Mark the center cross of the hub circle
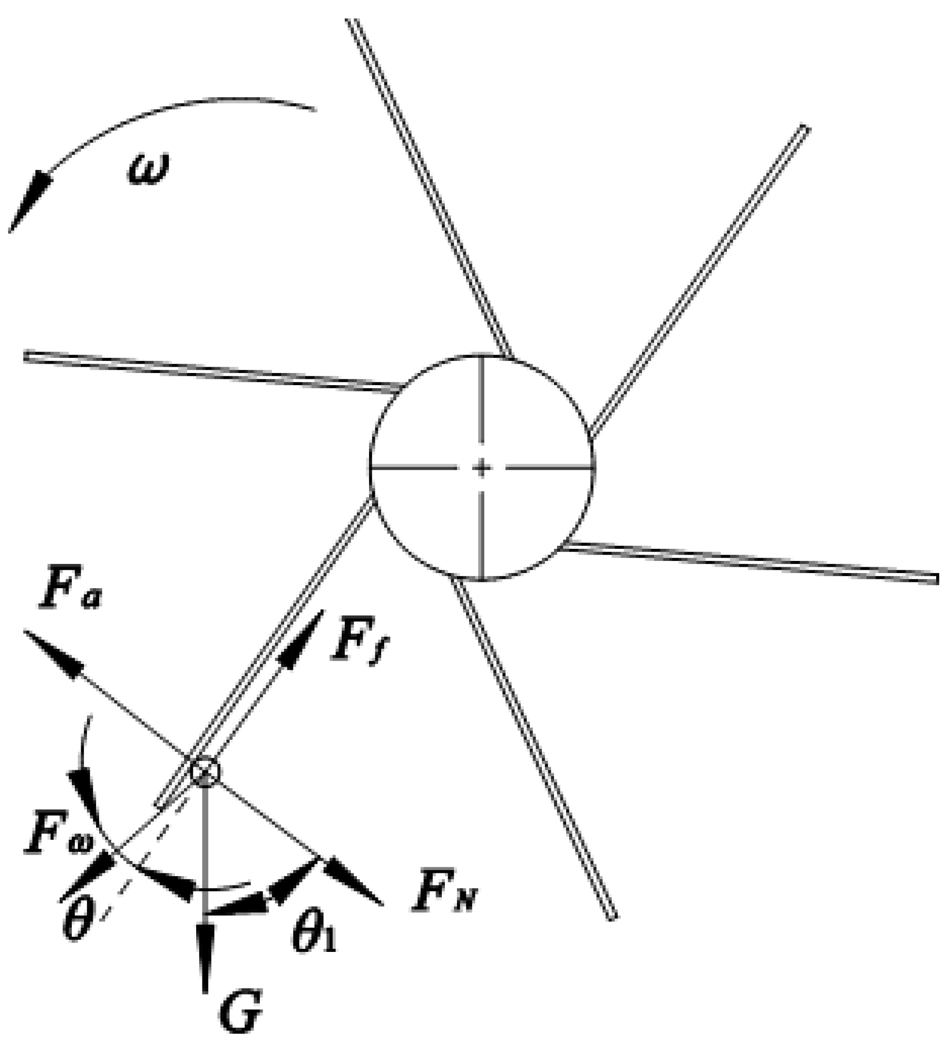tap(482, 468)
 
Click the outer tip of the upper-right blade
tap(805, 128)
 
